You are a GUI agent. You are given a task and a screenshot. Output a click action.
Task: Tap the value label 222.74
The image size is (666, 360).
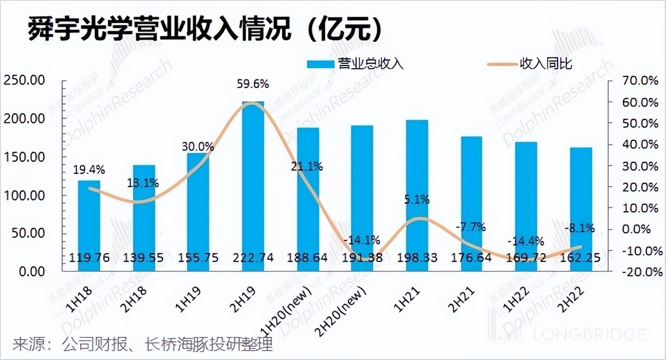coord(253,257)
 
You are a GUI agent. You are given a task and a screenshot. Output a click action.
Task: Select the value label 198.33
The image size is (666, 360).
coord(417,257)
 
